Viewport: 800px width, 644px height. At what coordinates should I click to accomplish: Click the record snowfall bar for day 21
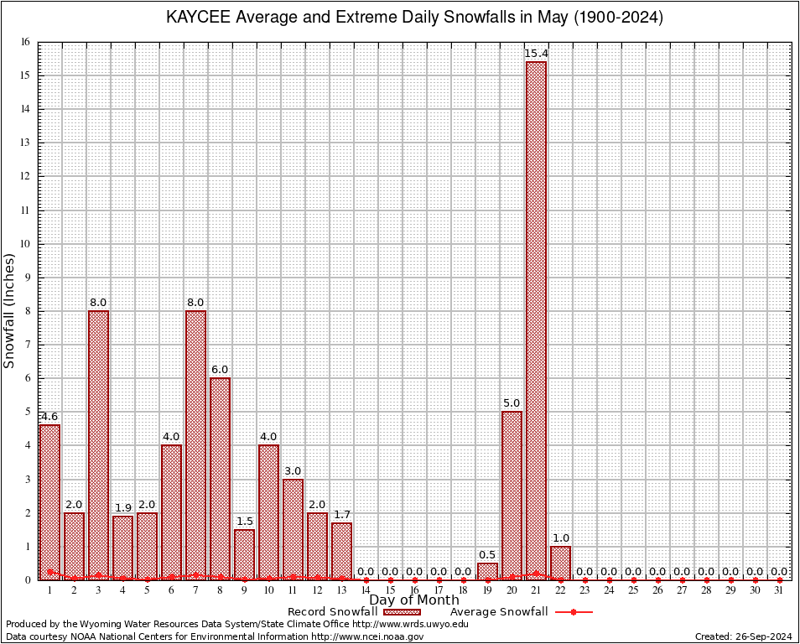[536, 319]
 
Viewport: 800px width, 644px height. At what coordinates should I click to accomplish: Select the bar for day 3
[98, 444]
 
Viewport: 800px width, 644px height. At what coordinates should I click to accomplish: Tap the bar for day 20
[512, 495]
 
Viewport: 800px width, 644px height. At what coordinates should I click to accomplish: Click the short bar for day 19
[487, 570]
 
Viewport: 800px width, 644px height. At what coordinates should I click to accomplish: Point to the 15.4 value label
[536, 54]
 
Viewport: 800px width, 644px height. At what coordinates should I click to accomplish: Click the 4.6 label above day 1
[49, 417]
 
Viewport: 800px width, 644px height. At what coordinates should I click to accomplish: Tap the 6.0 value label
[220, 370]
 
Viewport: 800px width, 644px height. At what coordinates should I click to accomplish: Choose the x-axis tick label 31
[780, 590]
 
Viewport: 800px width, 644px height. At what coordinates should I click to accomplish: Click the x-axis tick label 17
[439, 590]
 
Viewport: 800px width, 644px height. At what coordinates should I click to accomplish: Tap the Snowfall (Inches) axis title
[10, 311]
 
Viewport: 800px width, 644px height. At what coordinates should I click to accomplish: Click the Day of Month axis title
[414, 600]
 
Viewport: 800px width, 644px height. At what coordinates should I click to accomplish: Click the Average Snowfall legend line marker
[574, 612]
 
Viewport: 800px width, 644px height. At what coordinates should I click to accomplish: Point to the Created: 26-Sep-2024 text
[744, 636]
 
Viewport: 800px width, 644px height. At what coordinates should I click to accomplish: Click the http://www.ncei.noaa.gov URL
[367, 636]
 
